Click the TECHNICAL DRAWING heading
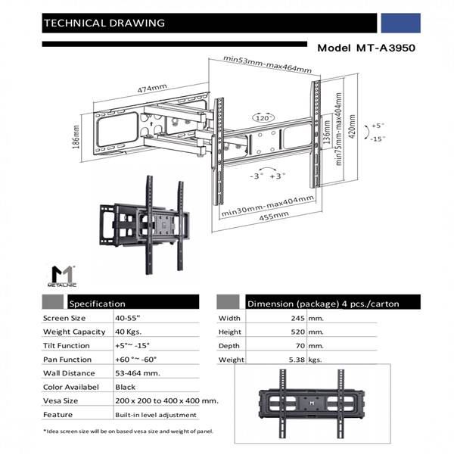tap(104, 23)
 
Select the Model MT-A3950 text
tap(366, 47)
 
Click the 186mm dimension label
tap(76, 137)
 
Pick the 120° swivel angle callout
tap(263, 119)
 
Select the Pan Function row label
tap(68, 359)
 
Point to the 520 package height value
tap(295, 332)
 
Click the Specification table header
tap(97, 303)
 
